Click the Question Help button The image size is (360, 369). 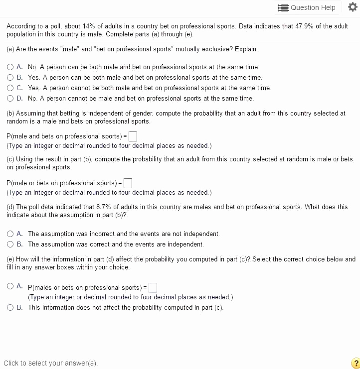(x=307, y=7)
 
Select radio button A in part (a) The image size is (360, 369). (x=10, y=67)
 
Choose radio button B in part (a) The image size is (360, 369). (x=10, y=77)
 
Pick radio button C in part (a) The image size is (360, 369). (x=10, y=88)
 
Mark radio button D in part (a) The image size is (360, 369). (x=10, y=98)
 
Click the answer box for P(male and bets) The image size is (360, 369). (x=133, y=136)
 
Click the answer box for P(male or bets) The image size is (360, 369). (x=128, y=183)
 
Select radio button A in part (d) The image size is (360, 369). (x=10, y=234)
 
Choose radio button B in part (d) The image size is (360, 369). (x=10, y=244)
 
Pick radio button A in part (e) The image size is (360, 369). (x=10, y=286)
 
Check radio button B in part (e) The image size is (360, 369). (x=10, y=307)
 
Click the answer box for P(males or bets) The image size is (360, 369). (x=153, y=287)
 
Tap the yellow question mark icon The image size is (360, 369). (x=355, y=363)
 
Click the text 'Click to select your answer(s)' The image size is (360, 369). (x=50, y=363)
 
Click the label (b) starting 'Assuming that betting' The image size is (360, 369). (x=10, y=113)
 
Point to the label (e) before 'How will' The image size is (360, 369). (x=10, y=259)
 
